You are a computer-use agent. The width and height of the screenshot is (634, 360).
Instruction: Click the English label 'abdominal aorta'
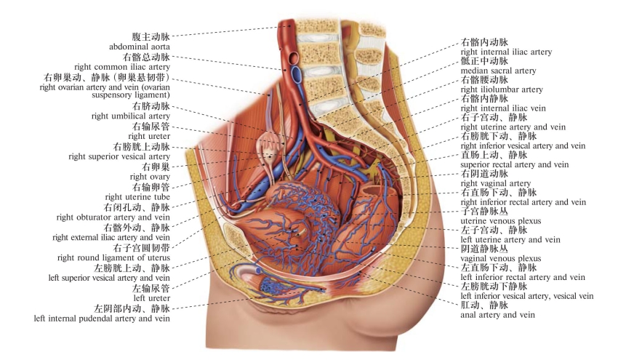click(140, 47)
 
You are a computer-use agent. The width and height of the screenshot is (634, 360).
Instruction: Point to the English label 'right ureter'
click(149, 136)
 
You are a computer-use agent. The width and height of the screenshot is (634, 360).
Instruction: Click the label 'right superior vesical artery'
click(119, 156)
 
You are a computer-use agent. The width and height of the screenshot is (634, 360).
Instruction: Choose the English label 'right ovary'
click(150, 177)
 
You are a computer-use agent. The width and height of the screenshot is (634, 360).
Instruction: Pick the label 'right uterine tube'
click(137, 197)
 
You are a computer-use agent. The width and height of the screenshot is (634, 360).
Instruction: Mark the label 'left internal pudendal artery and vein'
click(102, 319)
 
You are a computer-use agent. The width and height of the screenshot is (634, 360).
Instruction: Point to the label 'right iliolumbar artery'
click(502, 90)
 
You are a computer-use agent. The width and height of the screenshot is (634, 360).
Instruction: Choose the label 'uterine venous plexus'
click(499, 221)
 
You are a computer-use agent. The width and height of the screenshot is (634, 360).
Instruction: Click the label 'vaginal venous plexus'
click(500, 258)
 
